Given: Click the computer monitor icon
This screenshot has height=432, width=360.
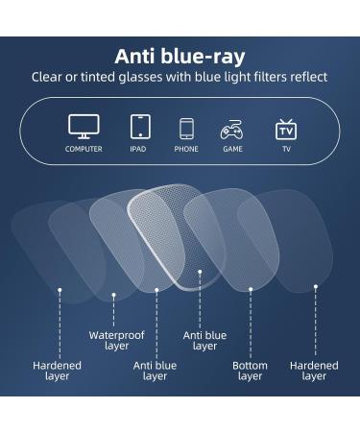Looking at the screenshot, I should click(x=84, y=127).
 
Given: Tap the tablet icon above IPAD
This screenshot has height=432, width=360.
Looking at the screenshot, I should click(x=140, y=127).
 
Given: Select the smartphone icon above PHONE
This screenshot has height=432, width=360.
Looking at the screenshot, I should click(x=186, y=129).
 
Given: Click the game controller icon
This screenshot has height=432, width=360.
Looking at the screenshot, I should click(x=232, y=129).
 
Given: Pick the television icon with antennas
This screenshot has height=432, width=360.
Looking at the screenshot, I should click(x=285, y=129).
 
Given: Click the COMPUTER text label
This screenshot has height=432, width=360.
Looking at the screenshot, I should click(x=84, y=149).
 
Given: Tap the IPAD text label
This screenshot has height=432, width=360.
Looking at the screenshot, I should click(x=140, y=149).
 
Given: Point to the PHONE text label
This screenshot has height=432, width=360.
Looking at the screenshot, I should click(x=186, y=149).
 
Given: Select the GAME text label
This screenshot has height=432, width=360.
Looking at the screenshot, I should click(x=232, y=149).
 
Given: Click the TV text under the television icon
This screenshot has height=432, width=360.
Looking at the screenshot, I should click(x=285, y=149).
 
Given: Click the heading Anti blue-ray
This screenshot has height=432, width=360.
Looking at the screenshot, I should click(x=180, y=57).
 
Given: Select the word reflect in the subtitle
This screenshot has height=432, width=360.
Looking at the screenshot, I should click(x=308, y=77).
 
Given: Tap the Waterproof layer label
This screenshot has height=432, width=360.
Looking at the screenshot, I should click(x=116, y=340).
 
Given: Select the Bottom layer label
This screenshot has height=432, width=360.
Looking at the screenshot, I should click(x=250, y=371).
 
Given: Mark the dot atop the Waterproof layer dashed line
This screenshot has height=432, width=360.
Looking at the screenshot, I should click(x=113, y=295).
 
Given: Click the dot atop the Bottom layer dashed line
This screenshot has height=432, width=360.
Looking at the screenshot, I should click(x=251, y=287).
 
